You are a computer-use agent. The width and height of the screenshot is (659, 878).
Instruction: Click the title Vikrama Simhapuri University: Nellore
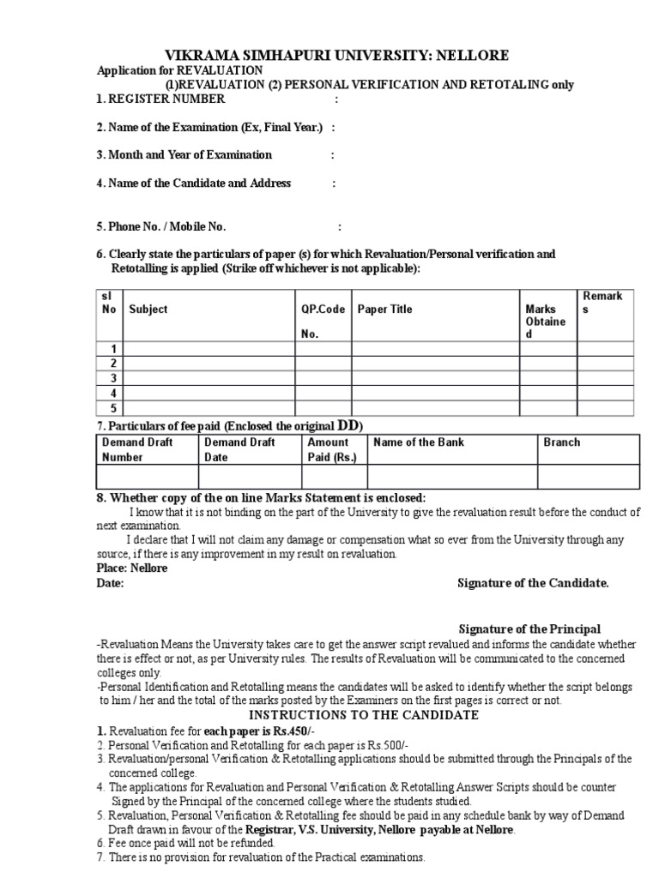tap(329, 56)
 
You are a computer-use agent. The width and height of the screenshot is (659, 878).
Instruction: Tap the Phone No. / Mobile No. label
tap(160, 227)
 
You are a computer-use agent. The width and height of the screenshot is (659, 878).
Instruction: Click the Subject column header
tap(148, 310)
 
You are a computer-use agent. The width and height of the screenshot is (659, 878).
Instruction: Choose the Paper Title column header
tap(384, 310)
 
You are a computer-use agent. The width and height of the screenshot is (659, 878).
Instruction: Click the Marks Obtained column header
tap(546, 321)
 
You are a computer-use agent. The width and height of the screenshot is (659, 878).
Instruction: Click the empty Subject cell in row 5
tap(209, 409)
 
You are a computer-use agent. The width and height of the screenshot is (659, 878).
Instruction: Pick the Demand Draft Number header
tap(137, 449)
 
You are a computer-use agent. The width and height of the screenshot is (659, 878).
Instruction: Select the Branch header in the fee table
tap(561, 442)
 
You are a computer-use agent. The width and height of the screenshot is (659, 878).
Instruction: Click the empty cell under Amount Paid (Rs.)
tap(332, 476)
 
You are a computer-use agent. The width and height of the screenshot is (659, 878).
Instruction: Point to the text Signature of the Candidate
tap(533, 583)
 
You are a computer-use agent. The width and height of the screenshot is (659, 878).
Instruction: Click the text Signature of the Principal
tap(529, 628)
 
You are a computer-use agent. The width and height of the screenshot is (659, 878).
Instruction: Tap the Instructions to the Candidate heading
tap(363, 715)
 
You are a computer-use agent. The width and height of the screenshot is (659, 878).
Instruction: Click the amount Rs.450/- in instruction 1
tap(278, 730)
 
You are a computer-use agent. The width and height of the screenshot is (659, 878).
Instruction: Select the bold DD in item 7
tap(347, 426)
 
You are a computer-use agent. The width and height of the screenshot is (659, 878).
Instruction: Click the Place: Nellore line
tap(132, 568)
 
